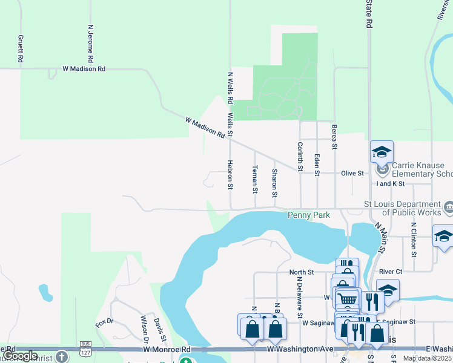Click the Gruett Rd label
pyautogui.click(x=20, y=48)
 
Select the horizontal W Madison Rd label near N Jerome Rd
pyautogui.click(x=84, y=69)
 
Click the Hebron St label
pyautogui.click(x=230, y=175)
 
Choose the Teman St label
pyautogui.click(x=255, y=180)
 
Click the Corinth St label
pyautogui.click(x=299, y=156)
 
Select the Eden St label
pyautogui.click(x=317, y=164)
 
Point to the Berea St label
pyautogui.click(x=334, y=137)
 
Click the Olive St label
pyautogui.click(x=352, y=173)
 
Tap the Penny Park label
pyautogui.click(x=308, y=215)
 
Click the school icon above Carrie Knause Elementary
pyautogui.click(x=382, y=151)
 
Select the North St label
pyautogui.click(x=301, y=272)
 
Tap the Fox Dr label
pyautogui.click(x=109, y=321)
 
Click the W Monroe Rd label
pyautogui.click(x=167, y=350)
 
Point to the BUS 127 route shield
pyautogui.click(x=85, y=349)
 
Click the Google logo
pyautogui.click(x=20, y=356)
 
